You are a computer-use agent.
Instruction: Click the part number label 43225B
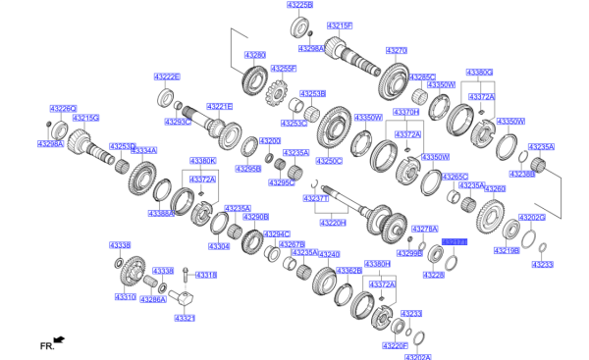pos(299,6)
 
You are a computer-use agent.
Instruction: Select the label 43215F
pos(339,25)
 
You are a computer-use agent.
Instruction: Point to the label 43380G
pos(479,73)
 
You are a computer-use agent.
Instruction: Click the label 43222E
pos(166,76)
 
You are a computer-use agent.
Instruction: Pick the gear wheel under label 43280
pos(254,78)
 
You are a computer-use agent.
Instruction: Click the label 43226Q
pos(62,109)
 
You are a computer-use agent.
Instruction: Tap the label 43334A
pos(143,150)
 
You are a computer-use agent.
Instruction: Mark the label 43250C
pos(329,160)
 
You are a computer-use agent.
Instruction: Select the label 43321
pos(185,318)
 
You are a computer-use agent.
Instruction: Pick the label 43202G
pos(531,217)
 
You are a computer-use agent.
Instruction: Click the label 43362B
pos(348,270)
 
